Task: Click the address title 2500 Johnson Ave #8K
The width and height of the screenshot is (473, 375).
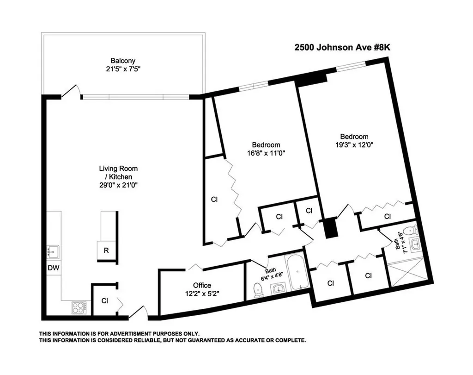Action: click(x=342, y=48)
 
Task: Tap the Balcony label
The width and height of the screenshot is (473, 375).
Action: click(x=123, y=61)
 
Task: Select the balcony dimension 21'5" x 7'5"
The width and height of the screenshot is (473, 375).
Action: click(x=123, y=69)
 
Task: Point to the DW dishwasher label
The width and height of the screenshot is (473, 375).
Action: click(x=54, y=268)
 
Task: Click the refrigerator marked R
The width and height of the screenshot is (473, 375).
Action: click(x=106, y=250)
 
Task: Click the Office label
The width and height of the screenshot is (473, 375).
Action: click(x=202, y=286)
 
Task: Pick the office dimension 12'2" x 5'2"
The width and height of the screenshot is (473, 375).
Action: click(x=202, y=294)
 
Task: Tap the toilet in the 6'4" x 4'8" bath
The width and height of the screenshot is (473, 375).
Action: click(x=258, y=290)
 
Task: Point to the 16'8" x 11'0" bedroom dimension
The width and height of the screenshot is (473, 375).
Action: click(x=266, y=153)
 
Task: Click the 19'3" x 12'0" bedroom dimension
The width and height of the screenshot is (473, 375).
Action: click(x=354, y=145)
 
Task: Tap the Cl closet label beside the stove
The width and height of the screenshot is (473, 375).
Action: click(x=105, y=300)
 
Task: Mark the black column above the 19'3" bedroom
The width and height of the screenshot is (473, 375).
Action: click(x=311, y=78)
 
